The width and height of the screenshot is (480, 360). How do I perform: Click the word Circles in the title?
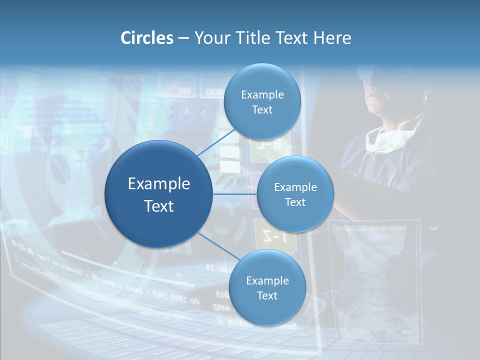[146, 38]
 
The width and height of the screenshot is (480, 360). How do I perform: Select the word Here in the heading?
[332, 38]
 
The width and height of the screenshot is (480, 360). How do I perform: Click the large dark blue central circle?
[158, 194]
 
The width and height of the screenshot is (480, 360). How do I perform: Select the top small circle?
[262, 101]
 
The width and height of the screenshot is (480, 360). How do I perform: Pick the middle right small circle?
[295, 194]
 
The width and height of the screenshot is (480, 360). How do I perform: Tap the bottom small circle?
[267, 287]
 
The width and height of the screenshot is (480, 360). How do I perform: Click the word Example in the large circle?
[158, 183]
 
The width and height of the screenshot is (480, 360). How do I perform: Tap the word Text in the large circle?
[158, 206]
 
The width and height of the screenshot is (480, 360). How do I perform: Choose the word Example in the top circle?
[262, 94]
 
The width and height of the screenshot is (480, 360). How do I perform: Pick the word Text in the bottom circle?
[267, 295]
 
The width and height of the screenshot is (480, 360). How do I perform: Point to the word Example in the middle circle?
[295, 187]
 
